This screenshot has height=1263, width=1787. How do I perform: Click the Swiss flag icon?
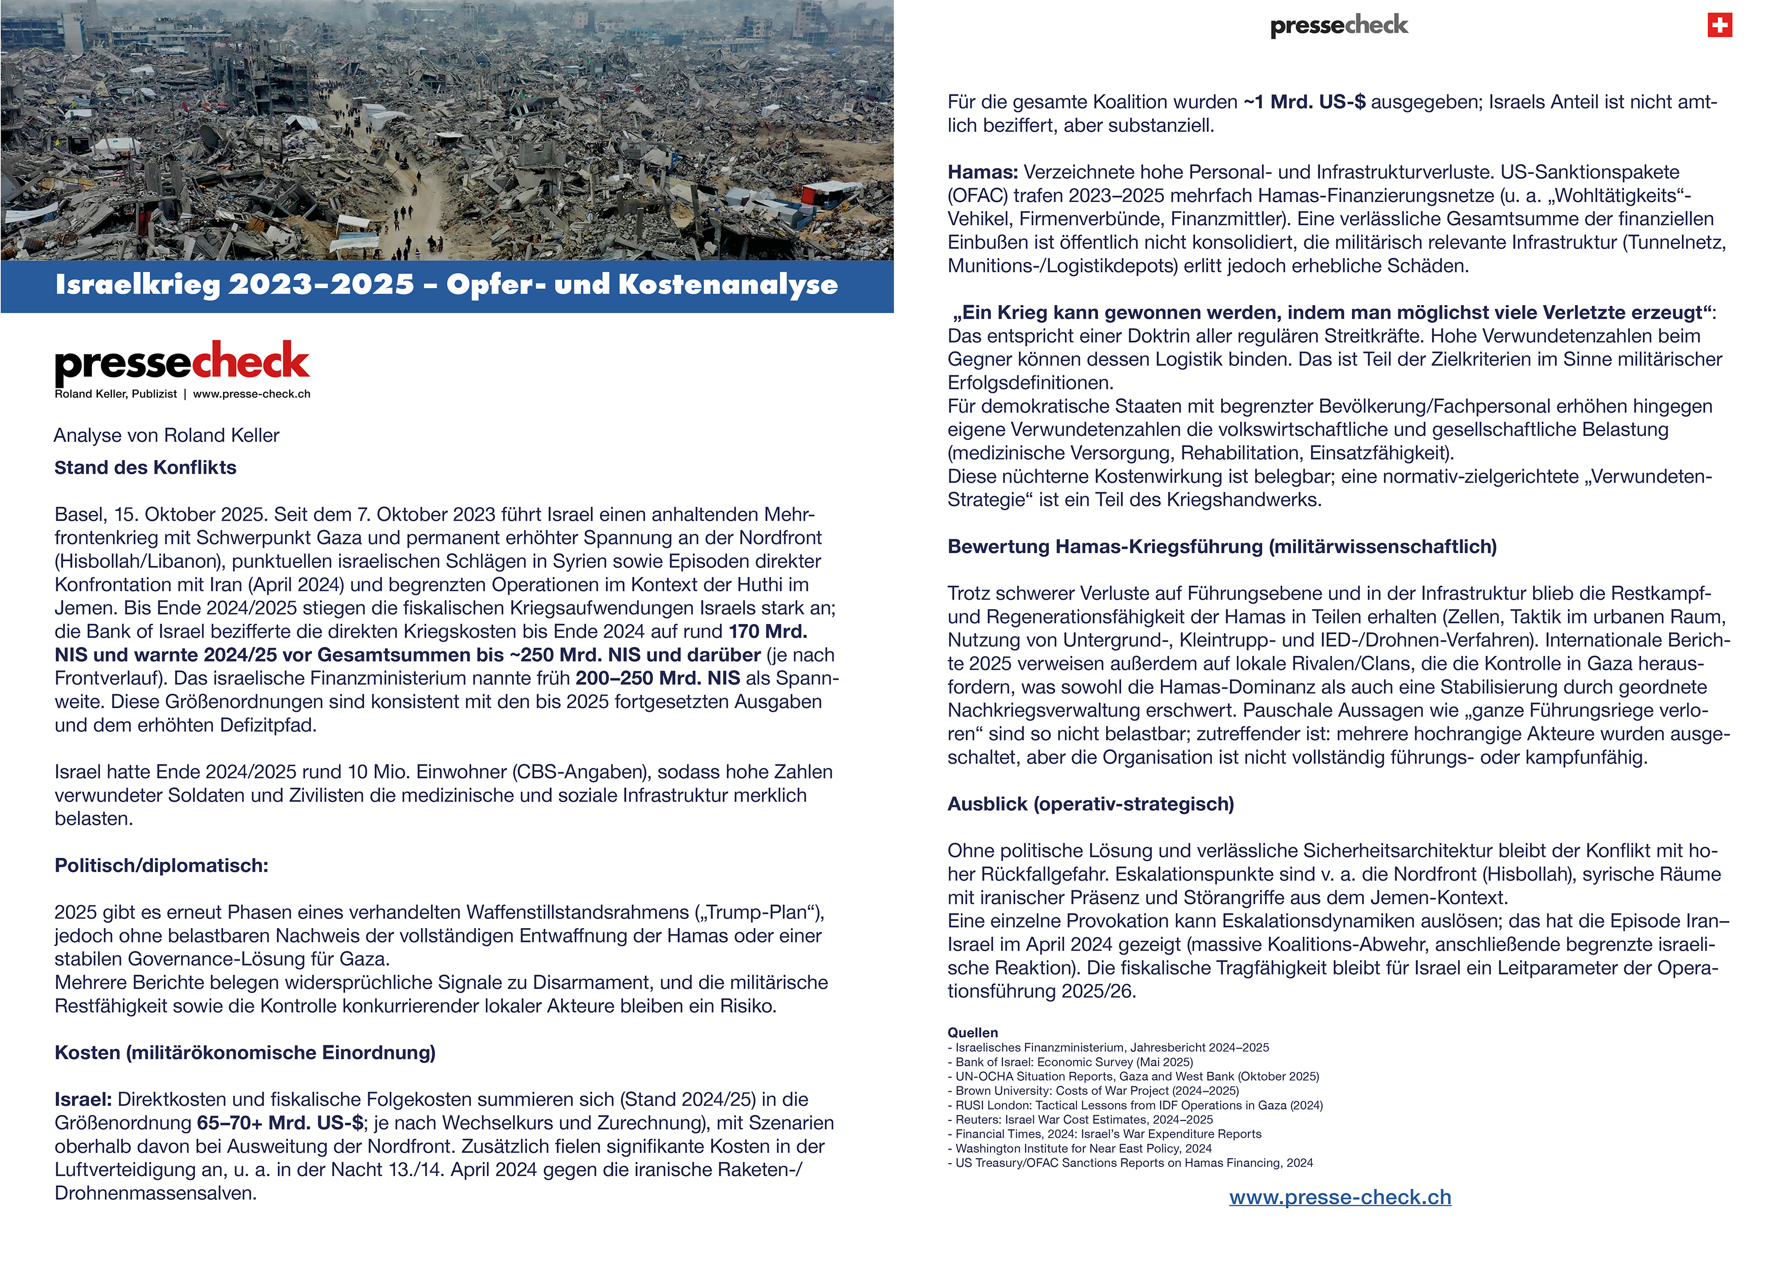(1719, 26)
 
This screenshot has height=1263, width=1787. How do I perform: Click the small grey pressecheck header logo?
(1338, 26)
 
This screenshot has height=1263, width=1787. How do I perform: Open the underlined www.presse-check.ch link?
(1340, 1197)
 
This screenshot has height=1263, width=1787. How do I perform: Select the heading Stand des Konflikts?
(145, 468)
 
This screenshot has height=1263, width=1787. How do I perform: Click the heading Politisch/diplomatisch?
(161, 865)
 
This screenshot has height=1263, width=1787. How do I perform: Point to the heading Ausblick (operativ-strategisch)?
(1090, 804)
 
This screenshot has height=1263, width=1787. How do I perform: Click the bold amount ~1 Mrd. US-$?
(1304, 102)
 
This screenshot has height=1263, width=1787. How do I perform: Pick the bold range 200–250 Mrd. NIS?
(658, 678)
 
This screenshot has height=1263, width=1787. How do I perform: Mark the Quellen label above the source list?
(972, 1033)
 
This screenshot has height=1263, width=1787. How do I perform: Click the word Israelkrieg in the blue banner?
(137, 285)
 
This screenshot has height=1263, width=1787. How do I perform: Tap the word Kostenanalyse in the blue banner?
(728, 285)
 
